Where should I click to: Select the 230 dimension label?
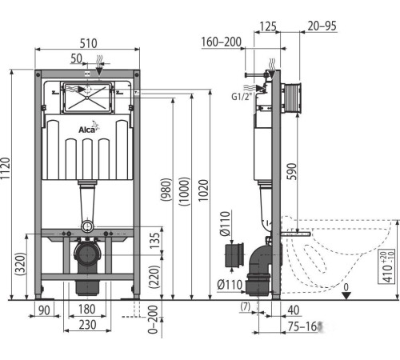tap(87, 325)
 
